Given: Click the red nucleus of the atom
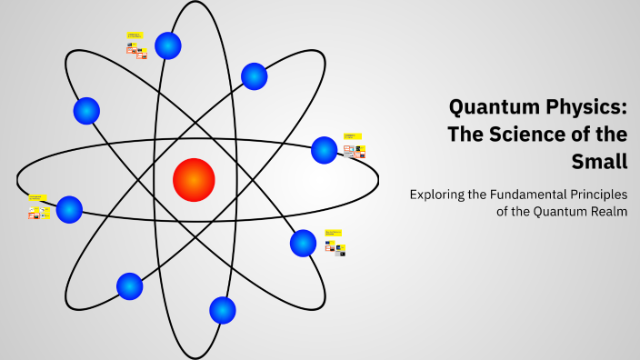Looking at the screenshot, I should coord(194,179).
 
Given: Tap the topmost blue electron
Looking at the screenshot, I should coord(168,45).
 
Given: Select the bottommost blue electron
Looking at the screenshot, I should coord(223,310).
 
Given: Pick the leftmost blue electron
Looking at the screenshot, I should coord(69,209).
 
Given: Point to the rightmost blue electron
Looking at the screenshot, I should coord(325,150).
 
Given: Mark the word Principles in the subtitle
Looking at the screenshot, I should coord(595,195).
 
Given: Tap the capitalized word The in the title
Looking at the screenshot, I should coord(469,135).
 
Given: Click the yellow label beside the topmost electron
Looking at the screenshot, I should coord(134,36).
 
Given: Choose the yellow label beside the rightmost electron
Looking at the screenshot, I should coord(350,135).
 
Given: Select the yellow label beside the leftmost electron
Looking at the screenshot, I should coord(36,196).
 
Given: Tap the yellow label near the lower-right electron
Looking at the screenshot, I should coord(334,233).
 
